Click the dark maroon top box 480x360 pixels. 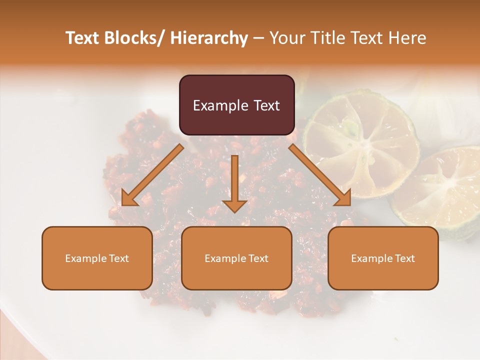coord(236,105)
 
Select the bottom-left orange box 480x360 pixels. coord(97,258)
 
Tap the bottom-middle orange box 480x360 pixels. coord(236,258)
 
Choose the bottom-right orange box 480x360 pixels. coord(383,258)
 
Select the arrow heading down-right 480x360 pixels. coord(320,175)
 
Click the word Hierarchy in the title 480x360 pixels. coord(209,38)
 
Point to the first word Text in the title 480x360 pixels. coord(82,38)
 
